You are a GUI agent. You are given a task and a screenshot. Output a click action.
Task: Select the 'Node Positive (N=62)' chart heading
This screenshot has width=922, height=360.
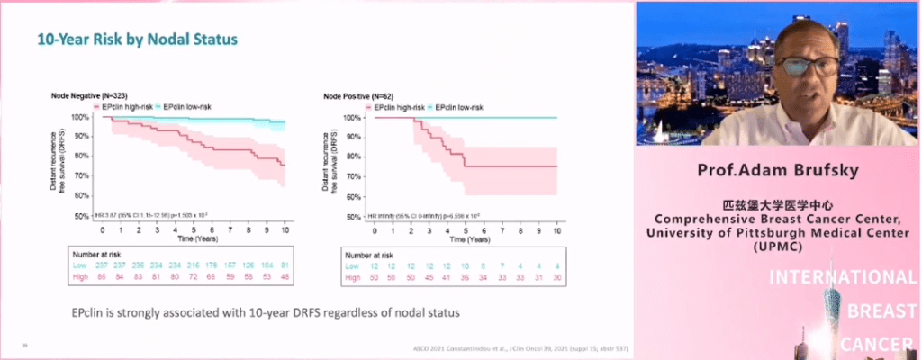(357, 94)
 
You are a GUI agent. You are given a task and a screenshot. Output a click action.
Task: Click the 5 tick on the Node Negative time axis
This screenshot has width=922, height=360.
(194, 229)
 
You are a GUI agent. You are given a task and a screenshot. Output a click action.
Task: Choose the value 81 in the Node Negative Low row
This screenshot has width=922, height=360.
(285, 267)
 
